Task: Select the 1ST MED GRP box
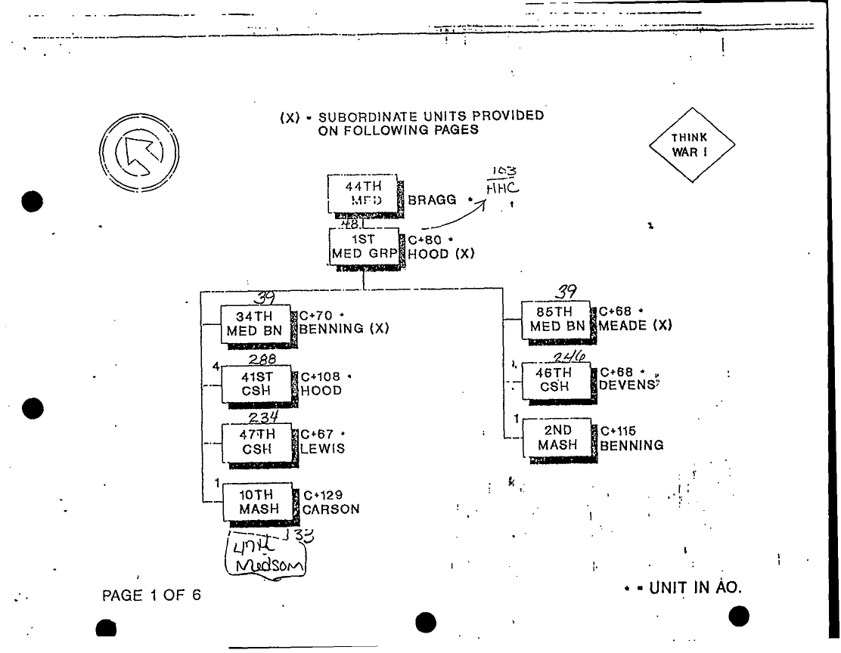[364, 246]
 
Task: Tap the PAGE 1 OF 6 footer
[152, 596]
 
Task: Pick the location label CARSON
[331, 509]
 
